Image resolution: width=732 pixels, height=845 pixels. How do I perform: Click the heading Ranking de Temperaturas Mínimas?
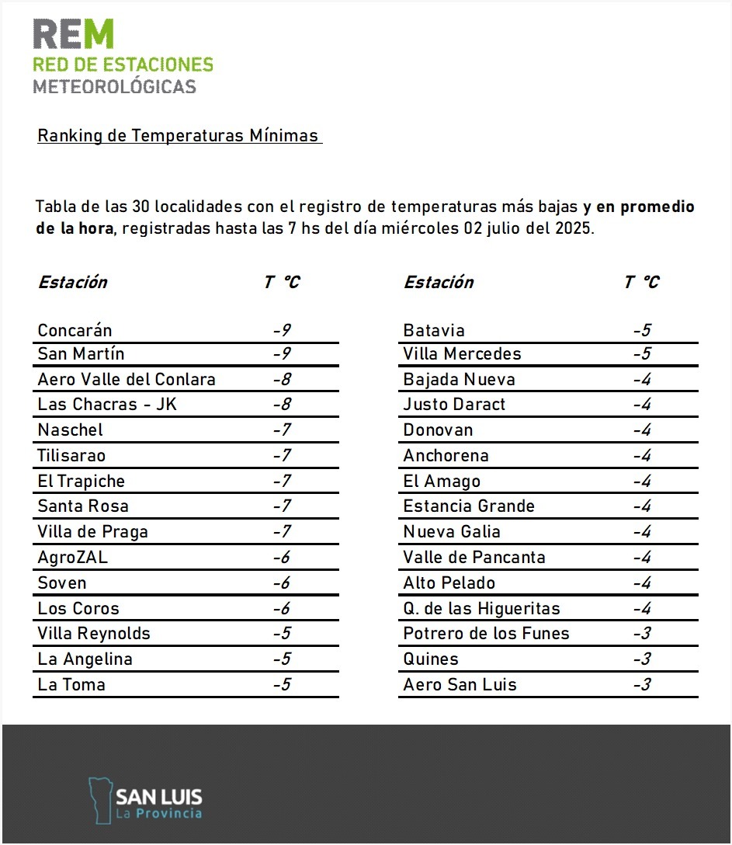pyautogui.click(x=178, y=136)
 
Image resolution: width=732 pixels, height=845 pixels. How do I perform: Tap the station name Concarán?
pyautogui.click(x=75, y=330)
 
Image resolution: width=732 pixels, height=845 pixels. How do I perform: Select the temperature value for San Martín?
pyautogui.click(x=282, y=354)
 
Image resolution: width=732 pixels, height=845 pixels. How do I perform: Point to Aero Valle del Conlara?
pyautogui.click(x=127, y=380)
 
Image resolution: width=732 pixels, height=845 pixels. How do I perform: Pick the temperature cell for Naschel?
pyautogui.click(x=282, y=430)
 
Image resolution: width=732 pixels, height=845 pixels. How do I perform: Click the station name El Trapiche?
pyautogui.click(x=81, y=482)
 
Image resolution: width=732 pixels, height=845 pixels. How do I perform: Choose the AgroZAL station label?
pyautogui.click(x=73, y=558)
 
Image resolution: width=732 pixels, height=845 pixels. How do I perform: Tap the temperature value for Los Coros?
pyautogui.click(x=282, y=609)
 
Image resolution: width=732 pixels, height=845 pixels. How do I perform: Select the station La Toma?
pyautogui.click(x=71, y=685)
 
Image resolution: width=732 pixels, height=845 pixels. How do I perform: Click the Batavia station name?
pyautogui.click(x=434, y=330)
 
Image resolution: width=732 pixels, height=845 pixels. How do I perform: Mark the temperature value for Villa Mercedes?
pyautogui.click(x=641, y=354)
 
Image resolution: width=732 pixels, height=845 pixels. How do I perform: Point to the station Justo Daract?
pyautogui.click(x=454, y=405)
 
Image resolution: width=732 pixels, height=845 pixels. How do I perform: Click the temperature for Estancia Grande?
pyautogui.click(x=641, y=506)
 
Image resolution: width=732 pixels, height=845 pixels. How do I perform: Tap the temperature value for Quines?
pyautogui.click(x=641, y=659)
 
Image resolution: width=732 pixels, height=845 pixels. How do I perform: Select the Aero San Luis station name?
pyautogui.click(x=460, y=685)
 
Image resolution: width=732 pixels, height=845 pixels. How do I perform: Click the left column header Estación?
pyautogui.click(x=73, y=282)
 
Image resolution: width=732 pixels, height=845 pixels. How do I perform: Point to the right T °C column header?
pyautogui.click(x=641, y=282)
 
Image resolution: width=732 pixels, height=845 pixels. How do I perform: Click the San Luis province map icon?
pyautogui.click(x=99, y=799)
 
